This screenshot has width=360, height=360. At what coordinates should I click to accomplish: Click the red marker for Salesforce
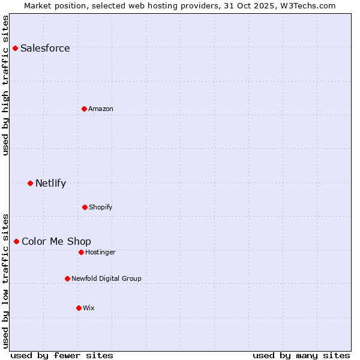pos(16,48)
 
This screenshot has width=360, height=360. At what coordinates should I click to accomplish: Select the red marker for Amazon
pos(85,109)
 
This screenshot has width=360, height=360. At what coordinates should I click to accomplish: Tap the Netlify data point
pos(31,183)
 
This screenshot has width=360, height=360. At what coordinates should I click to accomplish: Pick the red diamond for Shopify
pos(85,207)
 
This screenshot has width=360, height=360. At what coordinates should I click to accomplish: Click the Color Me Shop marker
pos(17,241)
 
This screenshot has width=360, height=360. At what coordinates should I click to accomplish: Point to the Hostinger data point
pos(81,252)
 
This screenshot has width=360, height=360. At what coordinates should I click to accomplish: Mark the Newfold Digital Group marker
pos(67,278)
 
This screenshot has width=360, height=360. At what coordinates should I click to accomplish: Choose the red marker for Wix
pos(79,308)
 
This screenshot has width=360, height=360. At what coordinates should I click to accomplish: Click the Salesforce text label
pos(45,48)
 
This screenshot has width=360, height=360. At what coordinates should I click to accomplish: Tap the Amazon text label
pos(101,109)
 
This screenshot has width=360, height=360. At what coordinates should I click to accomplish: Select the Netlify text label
pos(50,183)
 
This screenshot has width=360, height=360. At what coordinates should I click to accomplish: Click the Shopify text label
pos(101,207)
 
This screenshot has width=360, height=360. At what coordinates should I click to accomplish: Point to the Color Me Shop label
pos(56,241)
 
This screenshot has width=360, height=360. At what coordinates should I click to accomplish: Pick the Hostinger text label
pos(100,252)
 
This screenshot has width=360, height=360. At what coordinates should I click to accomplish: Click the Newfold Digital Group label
pos(106,278)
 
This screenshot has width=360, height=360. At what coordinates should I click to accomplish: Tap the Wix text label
pos(89,308)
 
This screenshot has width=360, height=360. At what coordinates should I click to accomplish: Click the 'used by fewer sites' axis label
pos(62,355)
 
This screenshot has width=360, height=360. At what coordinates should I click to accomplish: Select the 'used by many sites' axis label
pos(301,355)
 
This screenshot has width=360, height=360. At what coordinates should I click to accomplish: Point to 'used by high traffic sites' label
pos(6,85)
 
